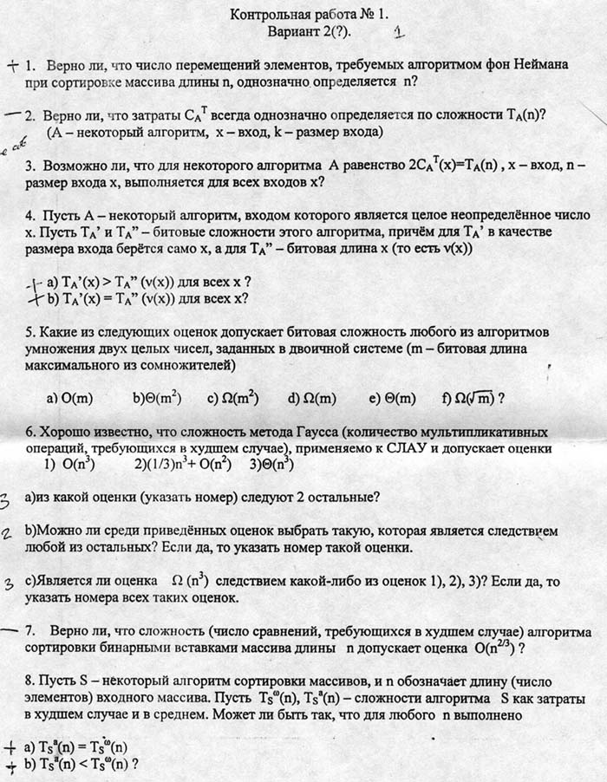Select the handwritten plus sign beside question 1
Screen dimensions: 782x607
click(12, 65)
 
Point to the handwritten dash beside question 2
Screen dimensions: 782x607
click(12, 114)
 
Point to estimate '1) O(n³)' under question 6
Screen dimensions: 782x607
click(69, 465)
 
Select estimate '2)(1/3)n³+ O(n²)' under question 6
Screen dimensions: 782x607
click(182, 465)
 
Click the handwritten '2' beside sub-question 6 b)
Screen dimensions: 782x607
click(6, 535)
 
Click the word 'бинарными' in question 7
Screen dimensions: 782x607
click(108, 648)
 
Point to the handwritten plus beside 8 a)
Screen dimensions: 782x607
click(10, 746)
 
